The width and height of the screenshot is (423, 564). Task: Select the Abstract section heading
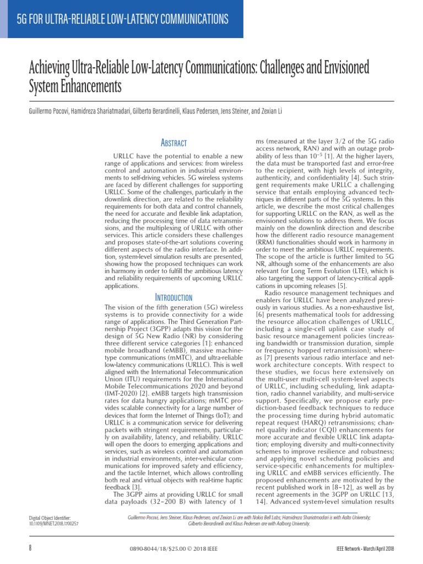coord(174,143)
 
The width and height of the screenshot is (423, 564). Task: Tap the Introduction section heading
coord(174,297)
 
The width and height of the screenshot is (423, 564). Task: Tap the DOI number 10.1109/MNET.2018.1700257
coord(53,524)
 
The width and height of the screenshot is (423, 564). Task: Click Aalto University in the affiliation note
coord(355,518)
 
